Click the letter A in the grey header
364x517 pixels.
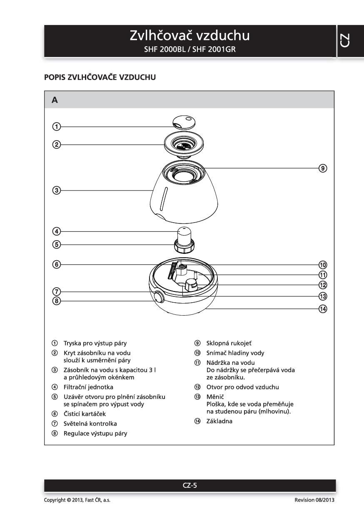(x=55, y=100)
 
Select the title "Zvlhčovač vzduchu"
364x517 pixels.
(x=189, y=36)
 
